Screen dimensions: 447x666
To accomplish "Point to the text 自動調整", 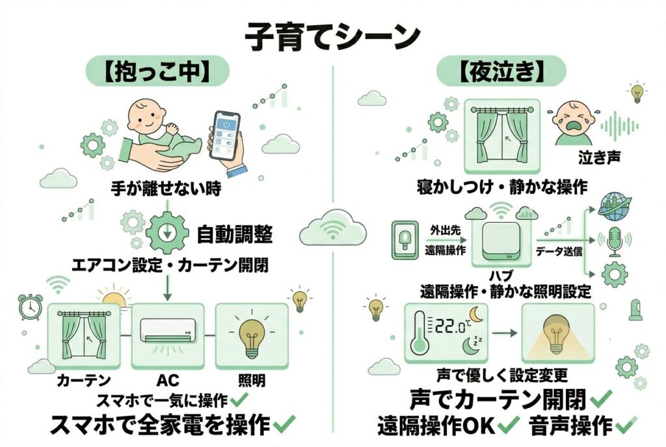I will click(x=235, y=233).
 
